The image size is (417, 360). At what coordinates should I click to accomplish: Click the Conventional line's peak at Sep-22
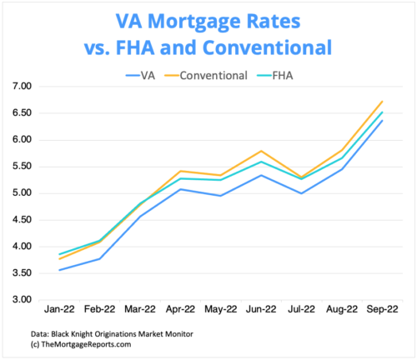pos(382,102)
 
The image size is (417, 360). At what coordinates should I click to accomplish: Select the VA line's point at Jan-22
pos(60,270)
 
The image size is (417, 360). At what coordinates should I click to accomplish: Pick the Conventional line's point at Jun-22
pos(262,151)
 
